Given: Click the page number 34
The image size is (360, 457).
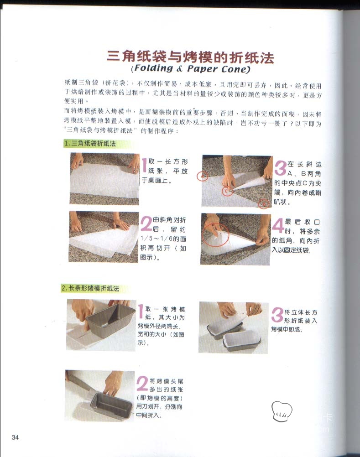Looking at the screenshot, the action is point(15,437).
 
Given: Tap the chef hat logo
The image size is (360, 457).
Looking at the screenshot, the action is point(282,411).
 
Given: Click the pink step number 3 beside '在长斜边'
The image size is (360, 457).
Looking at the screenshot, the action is point(280,168).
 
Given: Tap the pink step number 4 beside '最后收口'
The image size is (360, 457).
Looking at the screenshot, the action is point(278,226).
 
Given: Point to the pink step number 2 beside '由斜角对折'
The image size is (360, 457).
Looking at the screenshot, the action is point(146,223).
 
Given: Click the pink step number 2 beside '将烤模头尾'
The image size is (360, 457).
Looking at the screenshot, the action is point(142,384).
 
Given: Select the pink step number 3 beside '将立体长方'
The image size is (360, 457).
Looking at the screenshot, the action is point(277,315).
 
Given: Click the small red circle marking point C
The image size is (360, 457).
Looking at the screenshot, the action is point(226,191).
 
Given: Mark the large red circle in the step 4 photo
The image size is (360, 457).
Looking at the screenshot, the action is point(216,234).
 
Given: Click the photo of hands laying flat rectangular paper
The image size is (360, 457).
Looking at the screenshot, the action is point(104,179).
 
